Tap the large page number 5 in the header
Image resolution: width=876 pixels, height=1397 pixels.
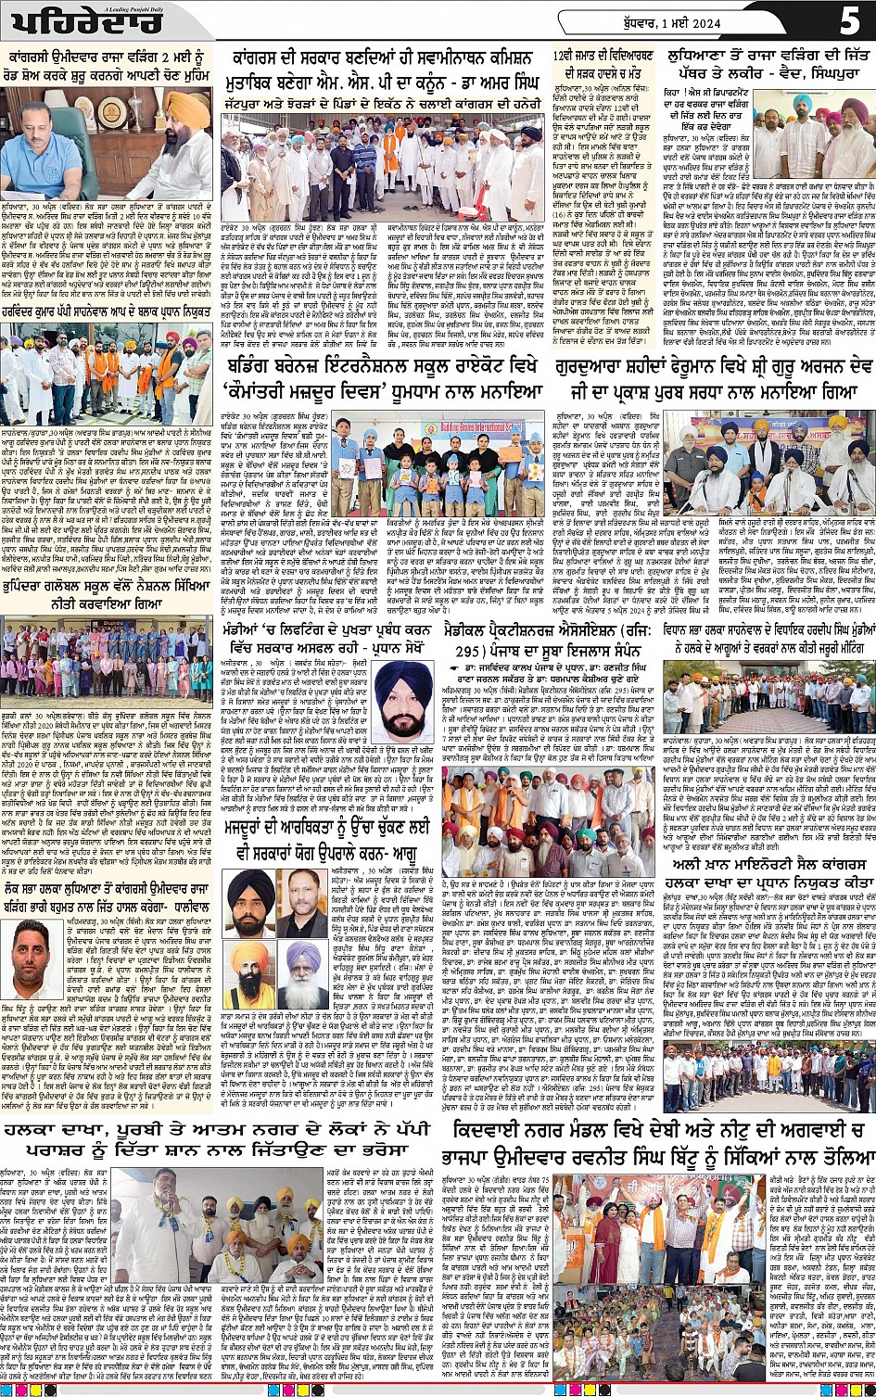point(848,20)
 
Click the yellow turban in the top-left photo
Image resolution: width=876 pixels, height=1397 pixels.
point(190,109)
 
